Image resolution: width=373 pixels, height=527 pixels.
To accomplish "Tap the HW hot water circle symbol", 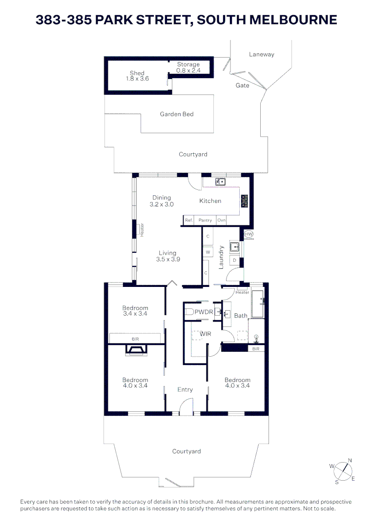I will point(248,234).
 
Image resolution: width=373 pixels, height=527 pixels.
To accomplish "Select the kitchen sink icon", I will point(221,182).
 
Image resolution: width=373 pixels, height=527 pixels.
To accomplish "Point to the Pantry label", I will point(205,221).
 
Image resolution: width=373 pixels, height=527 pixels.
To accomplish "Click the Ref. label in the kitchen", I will point(189,221).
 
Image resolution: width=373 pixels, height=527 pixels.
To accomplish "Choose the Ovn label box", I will point(221,221).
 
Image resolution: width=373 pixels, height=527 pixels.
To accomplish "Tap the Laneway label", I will point(262,55).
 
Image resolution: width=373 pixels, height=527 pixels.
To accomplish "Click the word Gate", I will point(243,85).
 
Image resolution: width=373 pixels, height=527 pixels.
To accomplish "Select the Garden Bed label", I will point(177,114).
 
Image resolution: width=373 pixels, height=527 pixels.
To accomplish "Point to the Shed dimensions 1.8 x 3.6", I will point(137,79).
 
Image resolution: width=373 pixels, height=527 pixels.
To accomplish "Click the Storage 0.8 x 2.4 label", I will point(188,67).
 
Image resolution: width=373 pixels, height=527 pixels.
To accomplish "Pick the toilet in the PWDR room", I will point(189,312).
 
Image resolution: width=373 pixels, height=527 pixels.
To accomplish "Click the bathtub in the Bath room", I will point(257,304).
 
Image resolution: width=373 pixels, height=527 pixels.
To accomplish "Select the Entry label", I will point(185,389).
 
